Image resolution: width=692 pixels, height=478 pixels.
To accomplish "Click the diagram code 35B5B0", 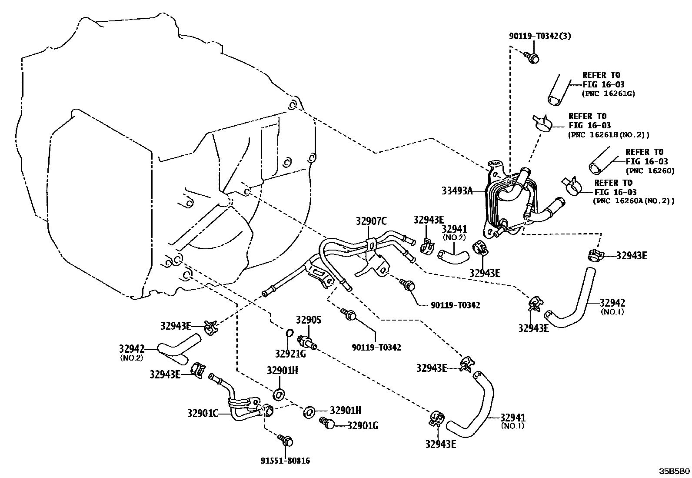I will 674,471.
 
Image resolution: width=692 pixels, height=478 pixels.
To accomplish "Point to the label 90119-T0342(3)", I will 540,36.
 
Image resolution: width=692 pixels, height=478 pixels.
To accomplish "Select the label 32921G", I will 290,353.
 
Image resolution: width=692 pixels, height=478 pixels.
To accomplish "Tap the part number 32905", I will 309,320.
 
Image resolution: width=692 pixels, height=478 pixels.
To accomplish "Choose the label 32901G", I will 363,425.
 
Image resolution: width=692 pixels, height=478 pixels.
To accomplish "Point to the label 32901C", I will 203,413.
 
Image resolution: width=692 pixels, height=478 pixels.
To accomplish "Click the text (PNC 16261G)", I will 608,94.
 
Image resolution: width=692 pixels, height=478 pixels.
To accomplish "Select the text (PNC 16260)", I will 650,171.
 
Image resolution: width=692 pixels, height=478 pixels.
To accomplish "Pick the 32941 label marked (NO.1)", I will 512,418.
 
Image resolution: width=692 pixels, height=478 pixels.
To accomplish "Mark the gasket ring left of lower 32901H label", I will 309,411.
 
